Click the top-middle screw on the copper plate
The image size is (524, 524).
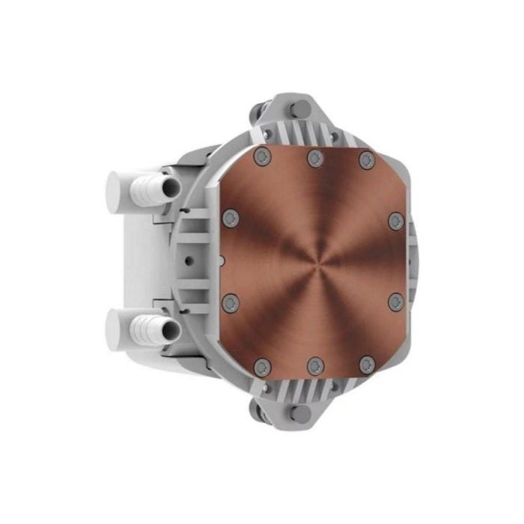pos(315,158)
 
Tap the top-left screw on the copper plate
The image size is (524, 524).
pos(261,157)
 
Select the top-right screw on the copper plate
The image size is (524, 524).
pos(366,159)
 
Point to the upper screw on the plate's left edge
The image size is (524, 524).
pos(230,219)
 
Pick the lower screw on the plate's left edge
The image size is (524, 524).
pos(230,302)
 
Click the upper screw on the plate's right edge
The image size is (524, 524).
pos(396,221)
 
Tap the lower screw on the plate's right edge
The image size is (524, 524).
pos(396,302)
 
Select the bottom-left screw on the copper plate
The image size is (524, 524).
pos(262,367)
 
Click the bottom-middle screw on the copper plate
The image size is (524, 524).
pos(315,367)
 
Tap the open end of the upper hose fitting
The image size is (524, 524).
pos(170,187)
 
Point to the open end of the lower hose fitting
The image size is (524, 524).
pos(170,328)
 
